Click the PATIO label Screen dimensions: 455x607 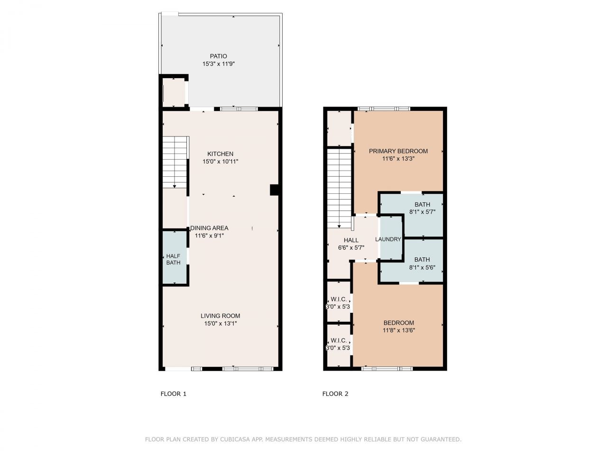(x=219, y=56)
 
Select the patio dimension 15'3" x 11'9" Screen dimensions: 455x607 (x=219, y=64)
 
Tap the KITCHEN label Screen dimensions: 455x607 (x=220, y=154)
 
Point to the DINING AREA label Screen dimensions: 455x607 (x=209, y=228)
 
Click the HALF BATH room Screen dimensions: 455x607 (x=173, y=259)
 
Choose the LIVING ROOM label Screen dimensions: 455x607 (x=220, y=316)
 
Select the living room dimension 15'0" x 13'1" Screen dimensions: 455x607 (x=220, y=324)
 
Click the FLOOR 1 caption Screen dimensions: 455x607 (x=174, y=394)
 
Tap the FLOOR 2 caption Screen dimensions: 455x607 (x=335, y=394)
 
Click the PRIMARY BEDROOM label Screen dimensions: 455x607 (x=398, y=151)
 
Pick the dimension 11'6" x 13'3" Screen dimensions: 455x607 (x=398, y=159)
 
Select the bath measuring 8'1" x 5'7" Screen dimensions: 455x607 (x=422, y=209)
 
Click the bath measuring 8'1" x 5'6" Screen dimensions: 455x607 (x=422, y=264)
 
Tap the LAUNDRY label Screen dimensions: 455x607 (x=388, y=239)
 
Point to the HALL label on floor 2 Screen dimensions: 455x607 (x=351, y=240)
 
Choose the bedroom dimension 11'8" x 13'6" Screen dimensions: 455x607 (x=398, y=331)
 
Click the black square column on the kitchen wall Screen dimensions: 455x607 (x=274, y=190)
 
